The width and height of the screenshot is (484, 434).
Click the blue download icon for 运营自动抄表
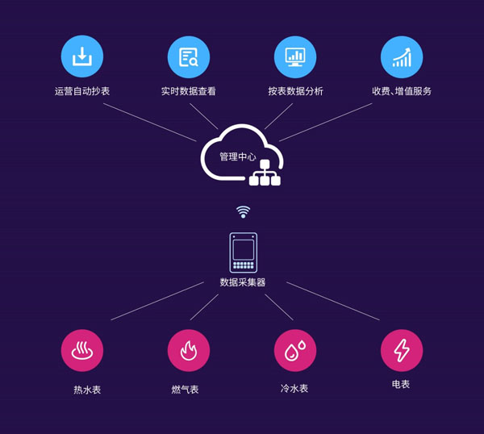(x=82, y=56)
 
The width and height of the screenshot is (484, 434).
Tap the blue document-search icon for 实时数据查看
(x=189, y=56)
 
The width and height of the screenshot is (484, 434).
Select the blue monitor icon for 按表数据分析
(x=295, y=56)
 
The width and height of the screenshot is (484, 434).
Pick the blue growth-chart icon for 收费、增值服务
(x=402, y=56)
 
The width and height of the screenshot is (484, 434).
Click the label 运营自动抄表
(x=82, y=91)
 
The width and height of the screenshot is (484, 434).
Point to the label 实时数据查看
(x=189, y=91)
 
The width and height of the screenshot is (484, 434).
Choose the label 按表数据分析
(x=295, y=91)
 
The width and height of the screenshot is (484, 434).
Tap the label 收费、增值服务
(x=402, y=91)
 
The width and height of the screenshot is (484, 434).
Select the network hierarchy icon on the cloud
(x=265, y=172)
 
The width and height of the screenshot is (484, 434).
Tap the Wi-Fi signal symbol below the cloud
(x=243, y=212)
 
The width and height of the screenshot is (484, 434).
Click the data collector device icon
(x=243, y=252)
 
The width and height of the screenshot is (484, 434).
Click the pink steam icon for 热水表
(x=82, y=350)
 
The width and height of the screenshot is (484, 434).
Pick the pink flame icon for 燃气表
(x=189, y=350)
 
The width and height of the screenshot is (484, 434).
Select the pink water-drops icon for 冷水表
(x=295, y=350)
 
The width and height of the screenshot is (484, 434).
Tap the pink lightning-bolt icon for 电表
(x=402, y=350)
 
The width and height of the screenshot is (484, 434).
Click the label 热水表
(x=87, y=390)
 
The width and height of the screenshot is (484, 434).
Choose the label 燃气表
(x=185, y=390)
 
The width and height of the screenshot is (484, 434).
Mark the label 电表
(x=401, y=385)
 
